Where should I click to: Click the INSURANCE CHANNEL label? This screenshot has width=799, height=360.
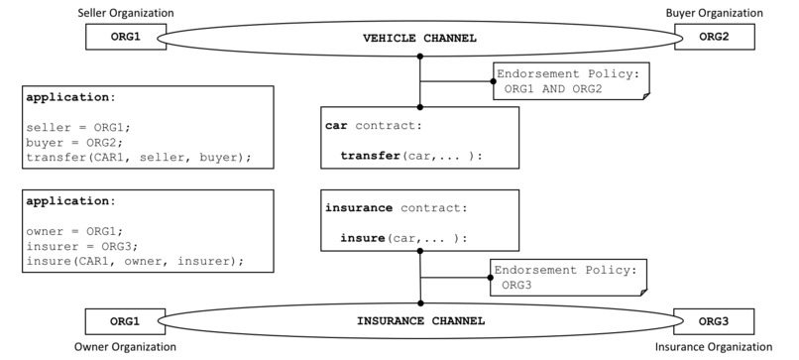[420, 322]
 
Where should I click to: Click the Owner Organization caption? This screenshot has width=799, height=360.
[127, 347]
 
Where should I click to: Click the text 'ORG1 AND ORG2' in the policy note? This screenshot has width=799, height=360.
[553, 89]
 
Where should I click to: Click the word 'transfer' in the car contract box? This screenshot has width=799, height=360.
[369, 156]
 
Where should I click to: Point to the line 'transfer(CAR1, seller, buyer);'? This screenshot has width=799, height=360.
[139, 157]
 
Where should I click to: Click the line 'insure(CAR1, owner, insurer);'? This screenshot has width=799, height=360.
[135, 261]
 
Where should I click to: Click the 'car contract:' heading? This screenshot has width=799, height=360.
[374, 126]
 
